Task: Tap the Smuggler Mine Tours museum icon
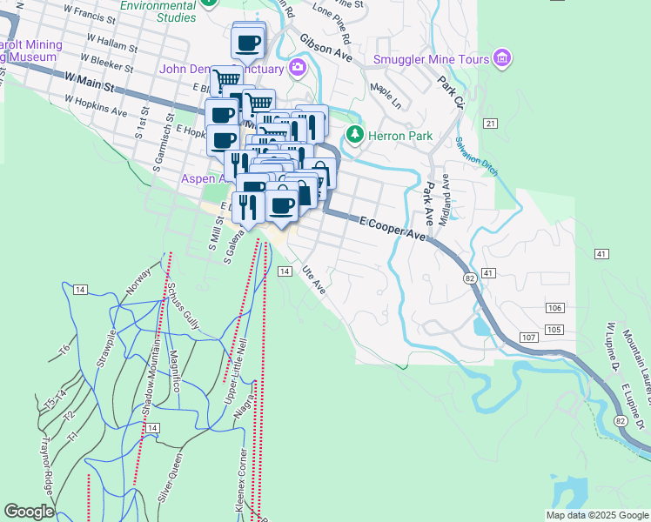coord(501,58)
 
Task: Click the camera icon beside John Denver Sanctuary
coord(299,68)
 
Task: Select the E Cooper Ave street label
coord(396,230)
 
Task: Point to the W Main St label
coord(90,82)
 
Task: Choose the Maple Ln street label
coord(385,90)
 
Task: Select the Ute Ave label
coord(312,279)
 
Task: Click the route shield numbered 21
coord(491,124)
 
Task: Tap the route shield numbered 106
coord(555,309)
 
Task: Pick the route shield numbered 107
coord(527,337)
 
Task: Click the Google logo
coord(29,512)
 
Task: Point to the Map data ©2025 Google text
coord(597,515)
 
